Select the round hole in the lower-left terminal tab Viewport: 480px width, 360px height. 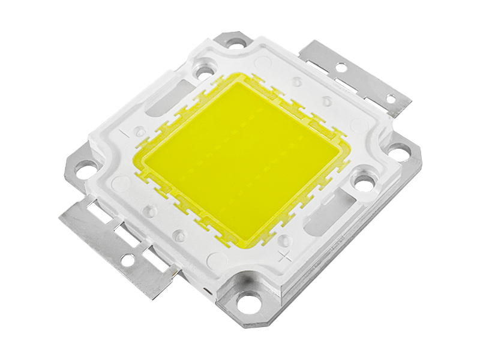(x=128, y=259)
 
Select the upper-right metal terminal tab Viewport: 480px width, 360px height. (x=354, y=75)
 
